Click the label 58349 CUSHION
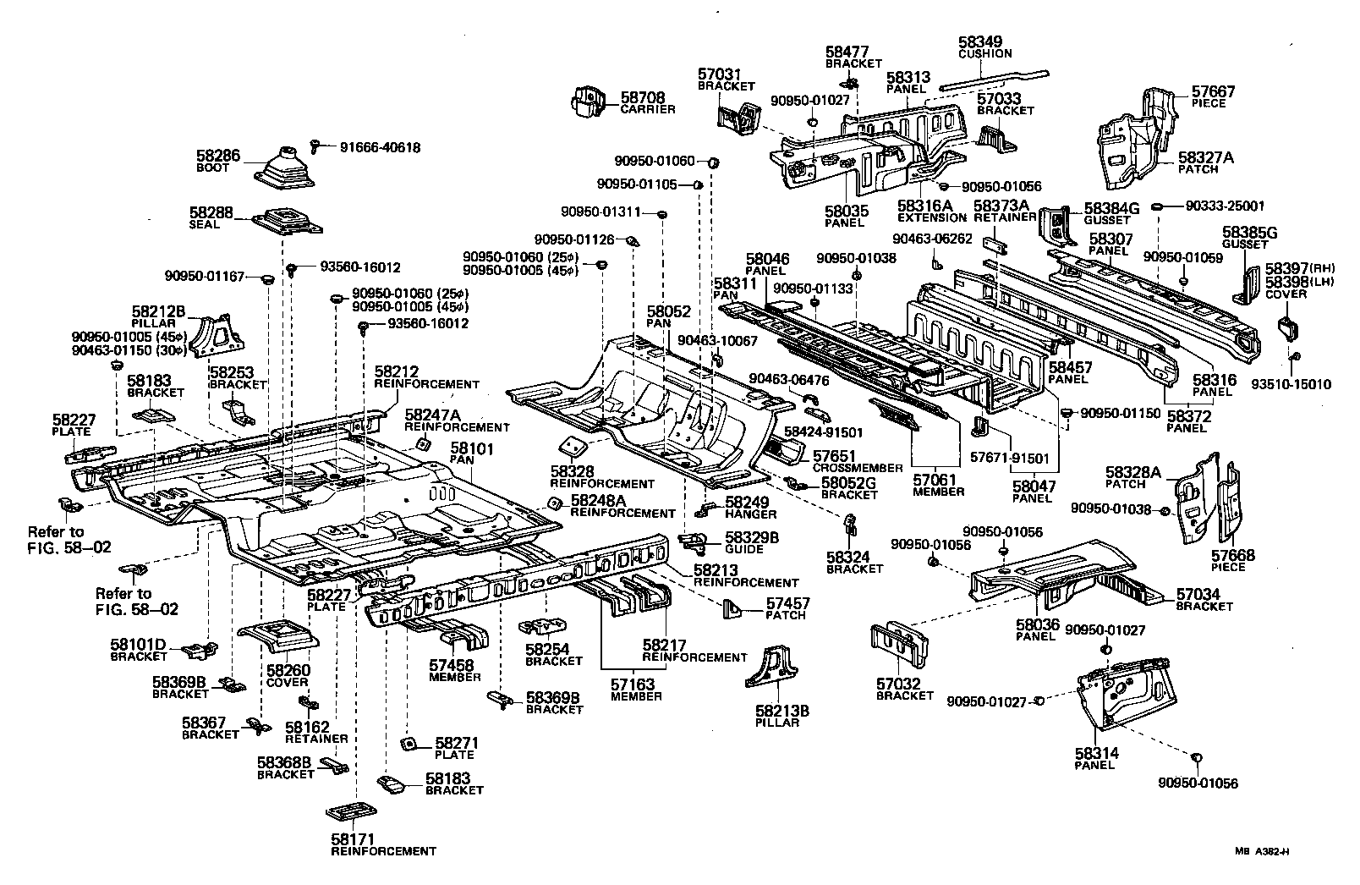pyautogui.click(x=984, y=45)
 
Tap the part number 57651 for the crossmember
pyautogui.click(x=835, y=455)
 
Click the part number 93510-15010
pyautogui.click(x=1291, y=384)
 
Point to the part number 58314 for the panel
pyautogui.click(x=1097, y=752)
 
